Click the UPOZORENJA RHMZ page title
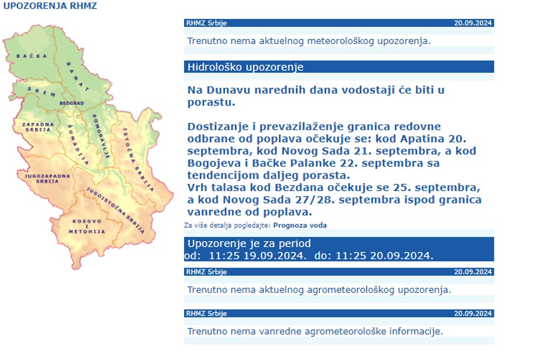point(50,6)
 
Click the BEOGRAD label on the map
point(72,102)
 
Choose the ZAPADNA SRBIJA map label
point(37,128)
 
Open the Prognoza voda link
point(300,225)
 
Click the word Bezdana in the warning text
point(291,188)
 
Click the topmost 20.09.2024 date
point(472,23)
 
